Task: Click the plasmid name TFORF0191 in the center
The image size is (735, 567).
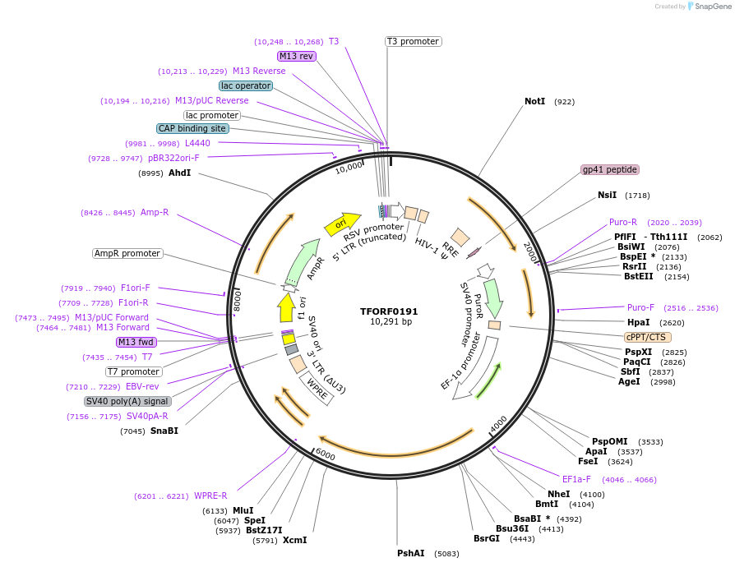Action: [389, 311]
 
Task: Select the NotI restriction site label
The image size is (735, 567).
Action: [534, 102]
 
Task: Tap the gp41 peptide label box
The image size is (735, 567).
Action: [609, 169]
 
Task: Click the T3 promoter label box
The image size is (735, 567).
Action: [414, 41]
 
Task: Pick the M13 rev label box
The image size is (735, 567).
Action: [296, 56]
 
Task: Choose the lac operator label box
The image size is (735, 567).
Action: [245, 85]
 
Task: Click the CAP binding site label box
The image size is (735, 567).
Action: [192, 128]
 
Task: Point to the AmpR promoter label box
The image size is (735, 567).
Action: [127, 253]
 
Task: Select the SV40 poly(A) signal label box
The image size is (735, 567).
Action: [127, 402]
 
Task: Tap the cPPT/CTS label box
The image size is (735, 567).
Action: [648, 337]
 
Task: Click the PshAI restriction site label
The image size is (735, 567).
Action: [410, 553]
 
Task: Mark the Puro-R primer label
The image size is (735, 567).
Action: [623, 222]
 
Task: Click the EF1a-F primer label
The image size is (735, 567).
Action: [576, 479]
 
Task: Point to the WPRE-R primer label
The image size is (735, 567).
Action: [210, 496]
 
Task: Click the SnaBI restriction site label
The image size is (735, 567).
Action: [164, 431]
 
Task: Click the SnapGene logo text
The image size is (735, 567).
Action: [710, 6]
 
